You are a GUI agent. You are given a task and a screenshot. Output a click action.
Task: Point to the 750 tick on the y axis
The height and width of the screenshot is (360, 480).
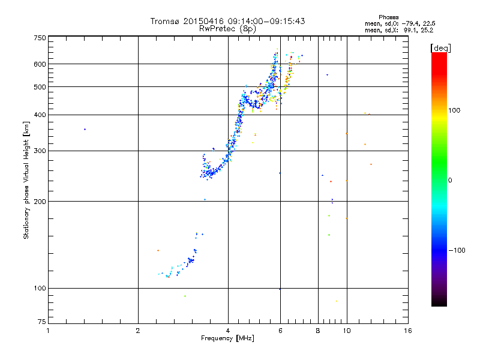pyautogui.click(x=40, y=37)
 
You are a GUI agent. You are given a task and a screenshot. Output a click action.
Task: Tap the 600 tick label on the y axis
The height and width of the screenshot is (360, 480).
pyautogui.click(x=40, y=64)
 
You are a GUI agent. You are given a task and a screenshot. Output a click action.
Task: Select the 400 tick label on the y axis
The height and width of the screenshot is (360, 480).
pyautogui.click(x=40, y=115)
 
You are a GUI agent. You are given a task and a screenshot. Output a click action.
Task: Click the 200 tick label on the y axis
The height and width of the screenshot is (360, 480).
pyautogui.click(x=40, y=201)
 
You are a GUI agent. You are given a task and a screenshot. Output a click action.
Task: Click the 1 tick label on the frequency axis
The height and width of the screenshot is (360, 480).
pyautogui.click(x=48, y=331)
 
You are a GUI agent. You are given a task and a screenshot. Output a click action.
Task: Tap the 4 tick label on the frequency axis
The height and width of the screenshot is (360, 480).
pyautogui.click(x=228, y=331)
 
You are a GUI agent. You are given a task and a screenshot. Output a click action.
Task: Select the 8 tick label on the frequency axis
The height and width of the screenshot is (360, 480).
pyautogui.click(x=318, y=331)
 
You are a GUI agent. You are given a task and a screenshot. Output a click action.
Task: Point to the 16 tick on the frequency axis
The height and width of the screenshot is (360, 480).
pyautogui.click(x=408, y=331)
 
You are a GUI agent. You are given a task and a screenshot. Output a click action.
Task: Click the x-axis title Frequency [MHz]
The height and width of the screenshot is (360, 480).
pyautogui.click(x=227, y=338)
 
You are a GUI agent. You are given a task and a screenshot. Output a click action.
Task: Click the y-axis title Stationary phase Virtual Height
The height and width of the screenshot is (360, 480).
pyautogui.click(x=26, y=180)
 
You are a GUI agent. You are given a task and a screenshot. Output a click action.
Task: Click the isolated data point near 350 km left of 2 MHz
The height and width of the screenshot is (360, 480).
pyautogui.click(x=85, y=129)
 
